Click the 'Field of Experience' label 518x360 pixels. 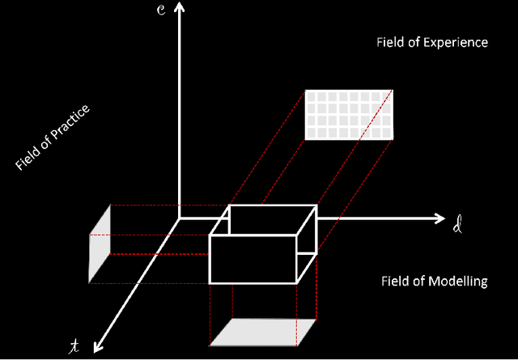(x=432, y=42)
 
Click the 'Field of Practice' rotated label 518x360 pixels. (x=52, y=138)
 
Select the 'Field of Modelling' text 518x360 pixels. (x=434, y=282)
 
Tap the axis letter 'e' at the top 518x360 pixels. (x=162, y=11)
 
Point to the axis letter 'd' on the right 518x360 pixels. (x=459, y=223)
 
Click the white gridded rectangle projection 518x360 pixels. (x=348, y=114)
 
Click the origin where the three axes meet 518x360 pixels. (x=180, y=218)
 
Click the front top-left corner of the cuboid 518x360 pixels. (x=210, y=235)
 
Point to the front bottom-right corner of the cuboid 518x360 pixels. (x=297, y=283)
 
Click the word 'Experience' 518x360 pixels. (x=458, y=42)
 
